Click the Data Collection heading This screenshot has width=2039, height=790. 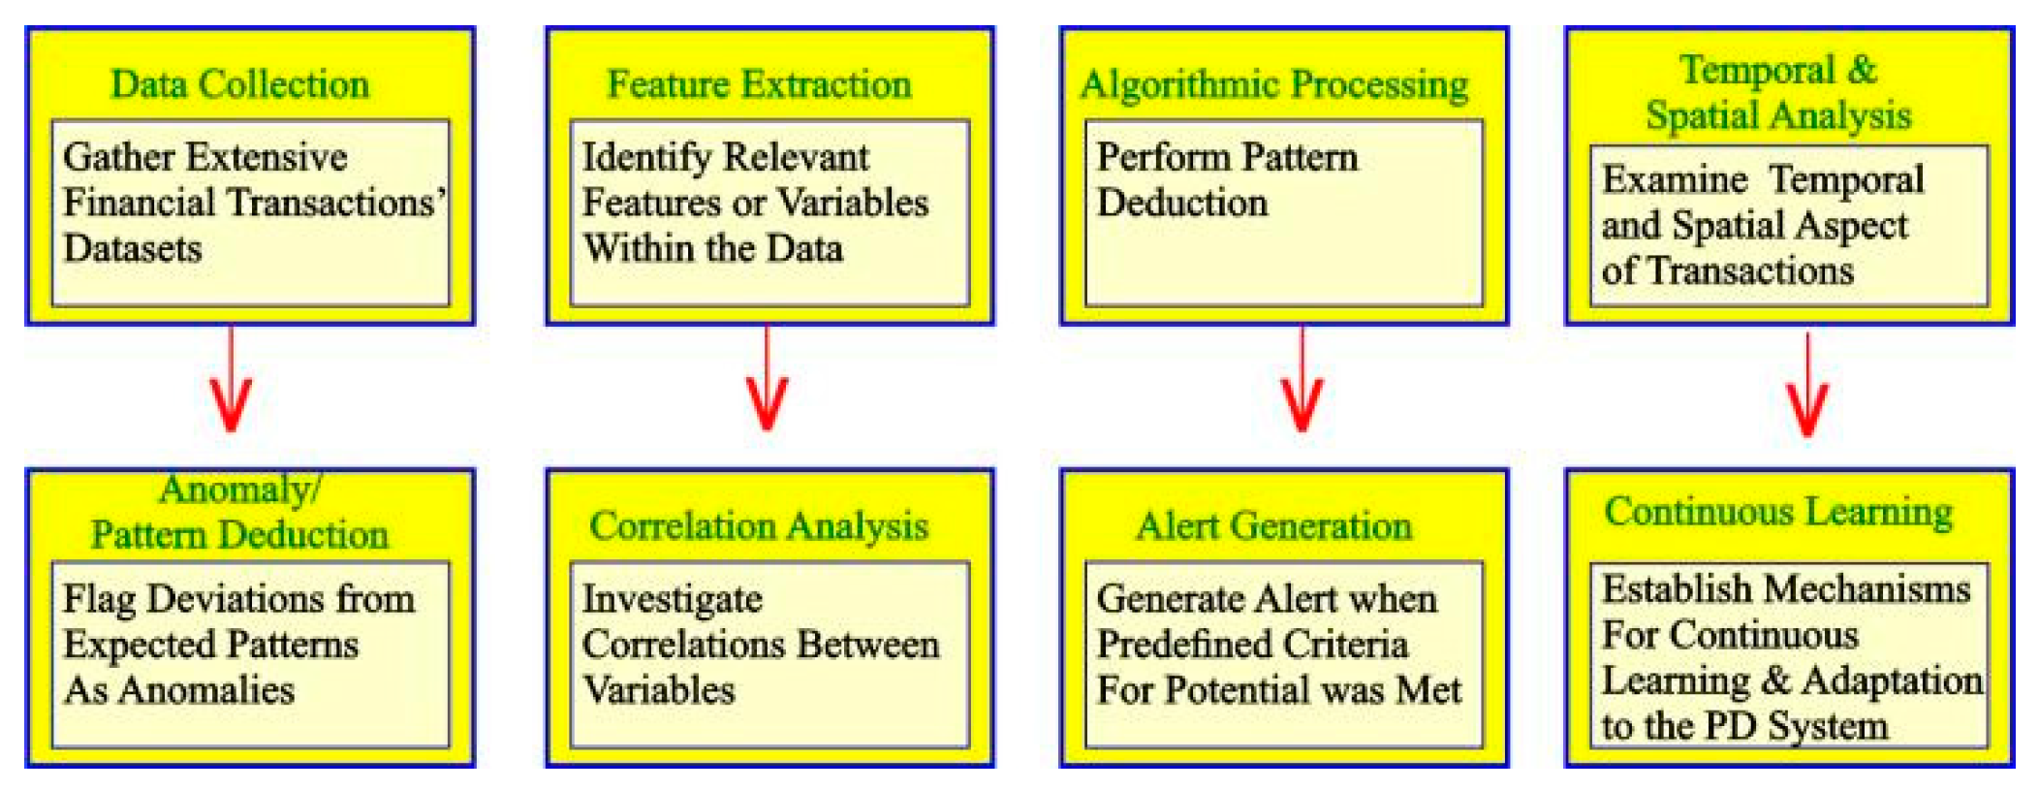click(x=239, y=84)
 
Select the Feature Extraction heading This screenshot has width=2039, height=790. click(x=759, y=84)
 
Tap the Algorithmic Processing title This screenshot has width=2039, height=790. click(x=1274, y=85)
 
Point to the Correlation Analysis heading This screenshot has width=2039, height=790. click(x=759, y=526)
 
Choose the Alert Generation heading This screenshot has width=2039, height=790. click(x=1274, y=526)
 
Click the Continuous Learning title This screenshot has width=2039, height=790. click(x=1778, y=512)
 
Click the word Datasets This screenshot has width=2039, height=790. click(x=133, y=249)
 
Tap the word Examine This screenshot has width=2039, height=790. click(x=1674, y=179)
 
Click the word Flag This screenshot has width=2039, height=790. click(x=99, y=600)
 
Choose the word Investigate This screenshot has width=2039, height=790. click(x=672, y=600)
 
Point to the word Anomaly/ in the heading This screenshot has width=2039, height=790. click(x=239, y=490)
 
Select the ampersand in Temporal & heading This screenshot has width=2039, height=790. click(x=1862, y=70)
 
